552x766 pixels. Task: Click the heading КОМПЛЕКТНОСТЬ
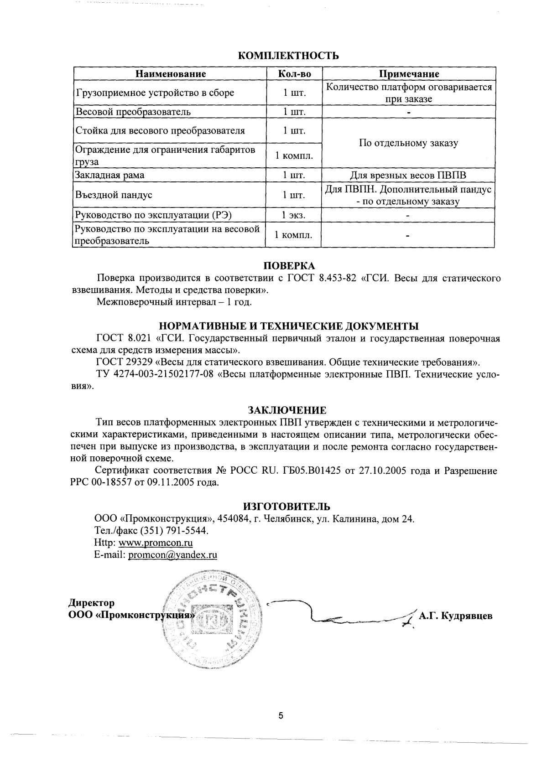point(289,56)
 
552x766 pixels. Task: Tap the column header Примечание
point(409,74)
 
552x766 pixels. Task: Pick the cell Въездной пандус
point(114,195)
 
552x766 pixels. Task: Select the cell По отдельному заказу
point(408,143)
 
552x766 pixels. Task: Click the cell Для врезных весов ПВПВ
point(408,175)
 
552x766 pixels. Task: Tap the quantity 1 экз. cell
point(293,215)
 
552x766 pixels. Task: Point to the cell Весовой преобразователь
point(133,112)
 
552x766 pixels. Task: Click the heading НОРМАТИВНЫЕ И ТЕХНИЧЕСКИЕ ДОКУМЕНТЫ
point(289,326)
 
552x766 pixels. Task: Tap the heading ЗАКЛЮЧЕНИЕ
point(287,409)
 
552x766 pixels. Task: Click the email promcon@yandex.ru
point(172,555)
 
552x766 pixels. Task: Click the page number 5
point(281,716)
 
